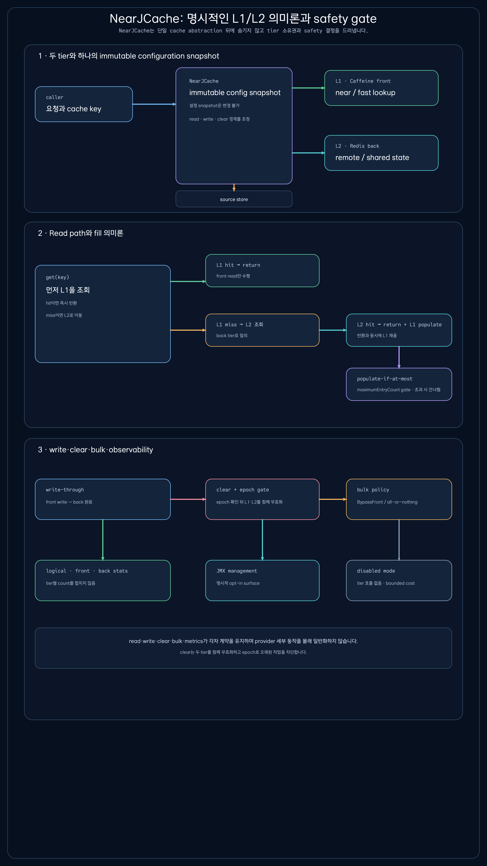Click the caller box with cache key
(x=84, y=104)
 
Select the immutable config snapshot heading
(x=235, y=93)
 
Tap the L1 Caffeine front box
(x=381, y=88)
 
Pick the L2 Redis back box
(x=381, y=153)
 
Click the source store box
(x=234, y=199)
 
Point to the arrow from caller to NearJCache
(x=154, y=104)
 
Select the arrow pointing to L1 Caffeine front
(x=308, y=88)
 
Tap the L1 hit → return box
(x=262, y=271)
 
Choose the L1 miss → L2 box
(x=262, y=330)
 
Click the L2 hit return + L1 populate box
(x=399, y=330)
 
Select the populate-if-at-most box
(x=399, y=384)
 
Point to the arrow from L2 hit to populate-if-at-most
(x=399, y=357)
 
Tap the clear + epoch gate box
(x=262, y=499)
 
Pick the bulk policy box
(x=399, y=499)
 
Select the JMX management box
(x=262, y=580)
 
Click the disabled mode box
(x=399, y=580)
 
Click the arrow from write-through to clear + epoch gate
(x=188, y=499)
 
